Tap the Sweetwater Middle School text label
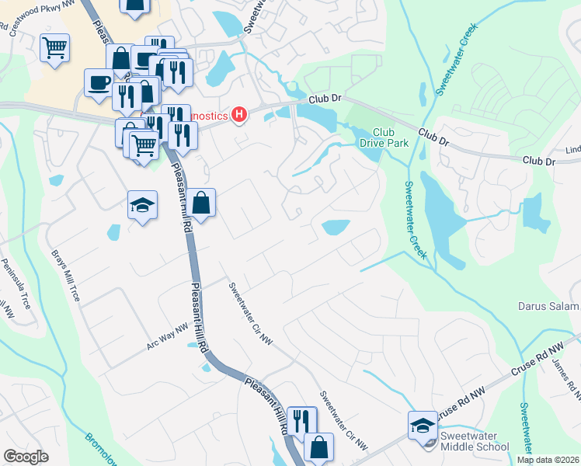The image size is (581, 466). (x=475, y=441)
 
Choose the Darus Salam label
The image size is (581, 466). (x=548, y=306)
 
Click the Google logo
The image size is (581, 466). (x=26, y=457)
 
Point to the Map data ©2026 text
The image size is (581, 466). (x=548, y=460)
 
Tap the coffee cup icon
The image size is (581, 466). (x=99, y=82)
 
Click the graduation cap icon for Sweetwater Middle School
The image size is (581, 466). (x=423, y=425)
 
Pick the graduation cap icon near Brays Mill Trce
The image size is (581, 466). (x=142, y=204)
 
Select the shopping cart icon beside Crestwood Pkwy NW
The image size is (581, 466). (x=54, y=47)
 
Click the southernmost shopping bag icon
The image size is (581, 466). (x=318, y=447)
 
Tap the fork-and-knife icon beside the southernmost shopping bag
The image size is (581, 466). (x=301, y=421)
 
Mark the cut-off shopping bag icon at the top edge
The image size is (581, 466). (x=134, y=6)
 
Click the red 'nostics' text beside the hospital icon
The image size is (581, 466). (x=210, y=116)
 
